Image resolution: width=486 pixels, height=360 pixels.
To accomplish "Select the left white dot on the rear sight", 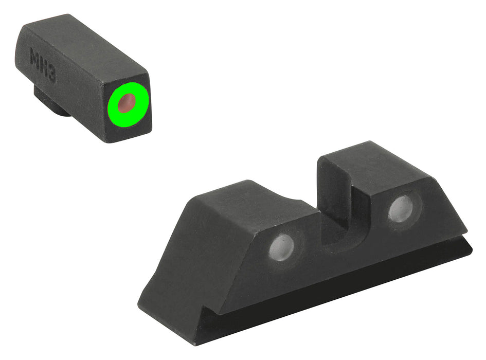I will pyautogui.click(x=282, y=246).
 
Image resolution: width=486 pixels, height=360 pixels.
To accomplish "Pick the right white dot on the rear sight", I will pyautogui.click(x=401, y=208).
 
